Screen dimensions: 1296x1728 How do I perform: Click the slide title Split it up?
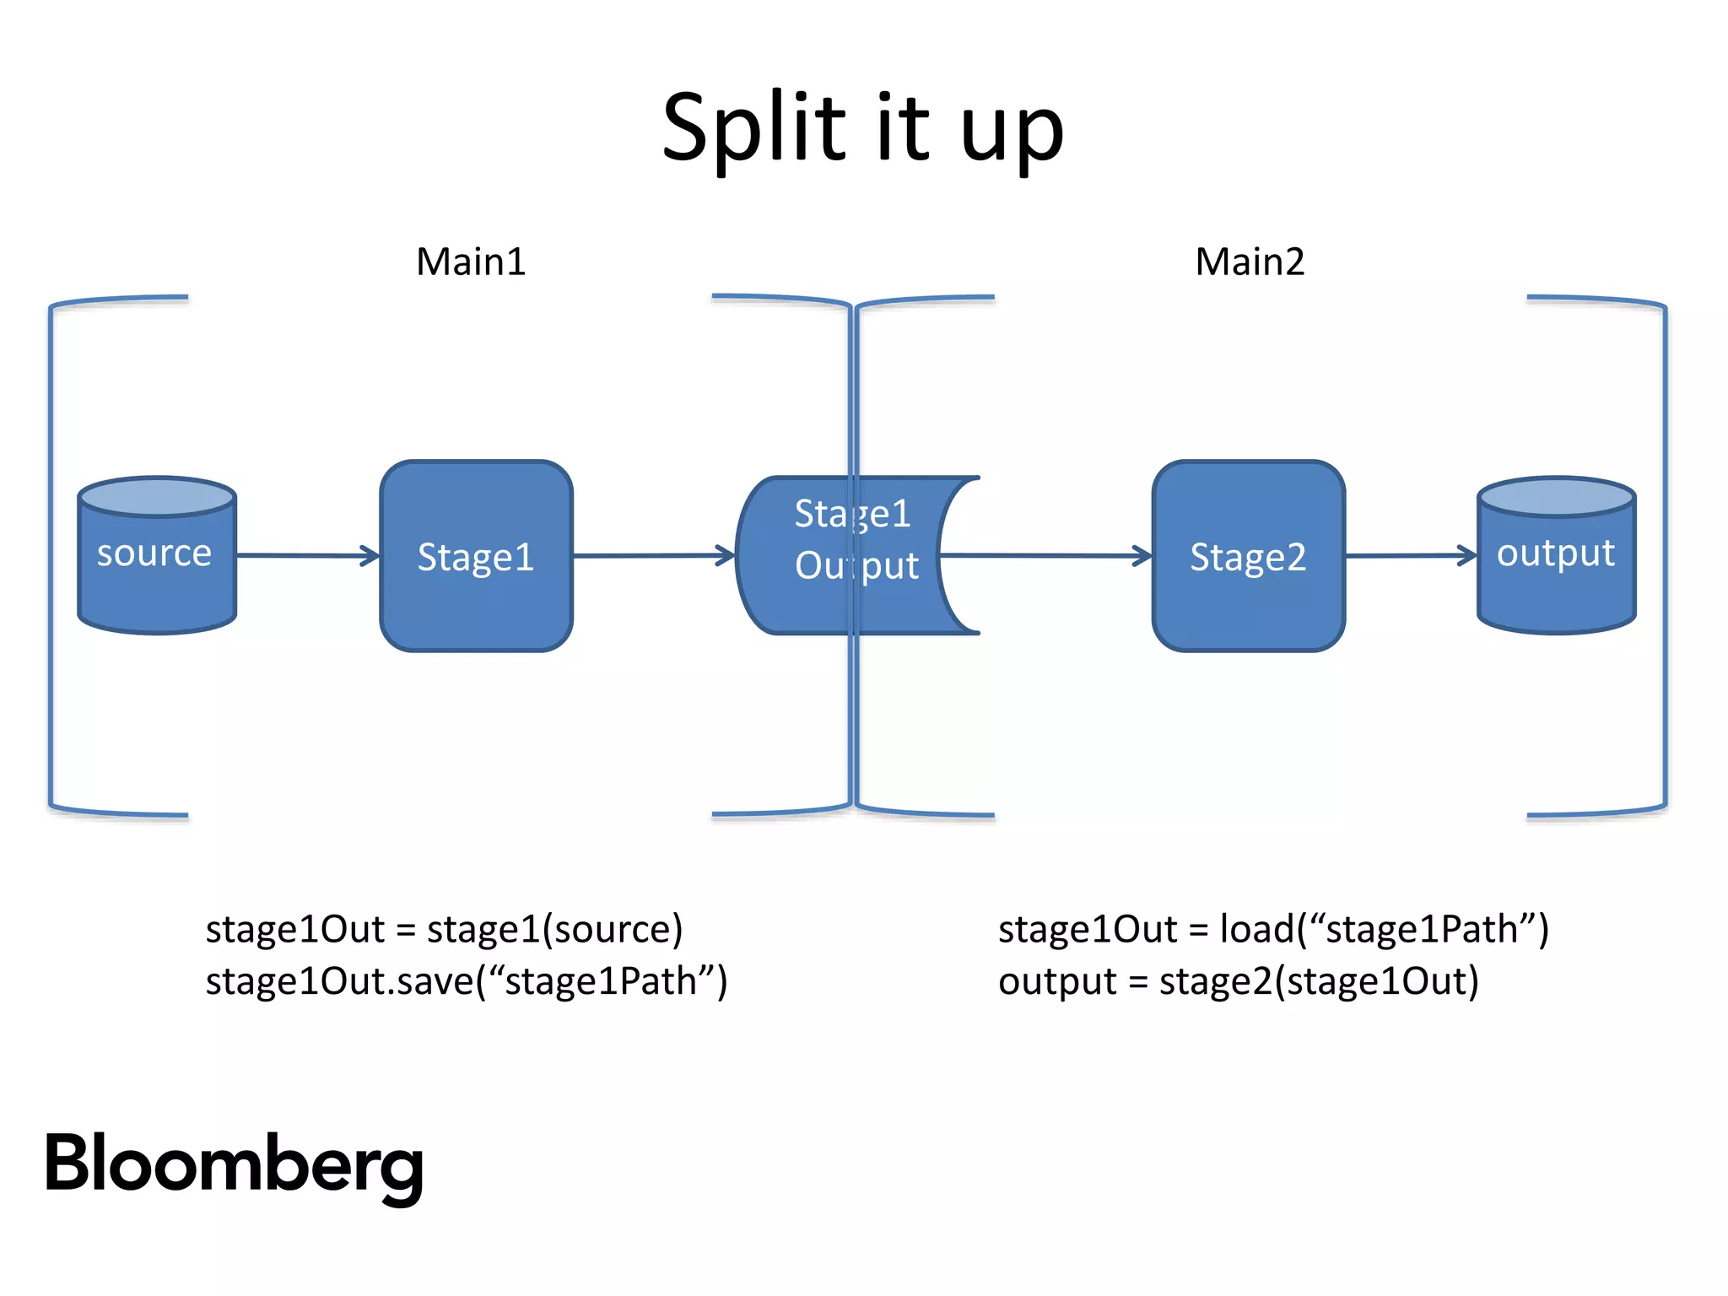tap(862, 128)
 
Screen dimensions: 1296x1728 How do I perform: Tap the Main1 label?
tap(471, 262)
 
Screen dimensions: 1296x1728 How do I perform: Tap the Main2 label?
tap(1250, 262)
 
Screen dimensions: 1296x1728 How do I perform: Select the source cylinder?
tap(156, 565)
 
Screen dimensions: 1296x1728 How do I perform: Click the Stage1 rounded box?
tap(476, 557)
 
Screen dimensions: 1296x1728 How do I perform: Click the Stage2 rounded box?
tap(1248, 557)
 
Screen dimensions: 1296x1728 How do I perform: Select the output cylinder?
tap(1556, 565)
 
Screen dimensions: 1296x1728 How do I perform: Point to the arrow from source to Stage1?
tap(308, 555)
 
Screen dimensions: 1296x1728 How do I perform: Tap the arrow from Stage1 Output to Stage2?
tap(1046, 555)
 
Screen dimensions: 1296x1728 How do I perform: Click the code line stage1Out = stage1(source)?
tap(444, 929)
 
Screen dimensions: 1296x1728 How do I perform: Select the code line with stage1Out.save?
tap(466, 981)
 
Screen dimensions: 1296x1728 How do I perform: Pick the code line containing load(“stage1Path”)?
tap(1273, 929)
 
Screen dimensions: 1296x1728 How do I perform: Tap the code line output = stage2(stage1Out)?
tap(1238, 981)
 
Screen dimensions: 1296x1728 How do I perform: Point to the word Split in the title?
tap(753, 128)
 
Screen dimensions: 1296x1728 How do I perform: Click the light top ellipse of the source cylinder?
tap(156, 497)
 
